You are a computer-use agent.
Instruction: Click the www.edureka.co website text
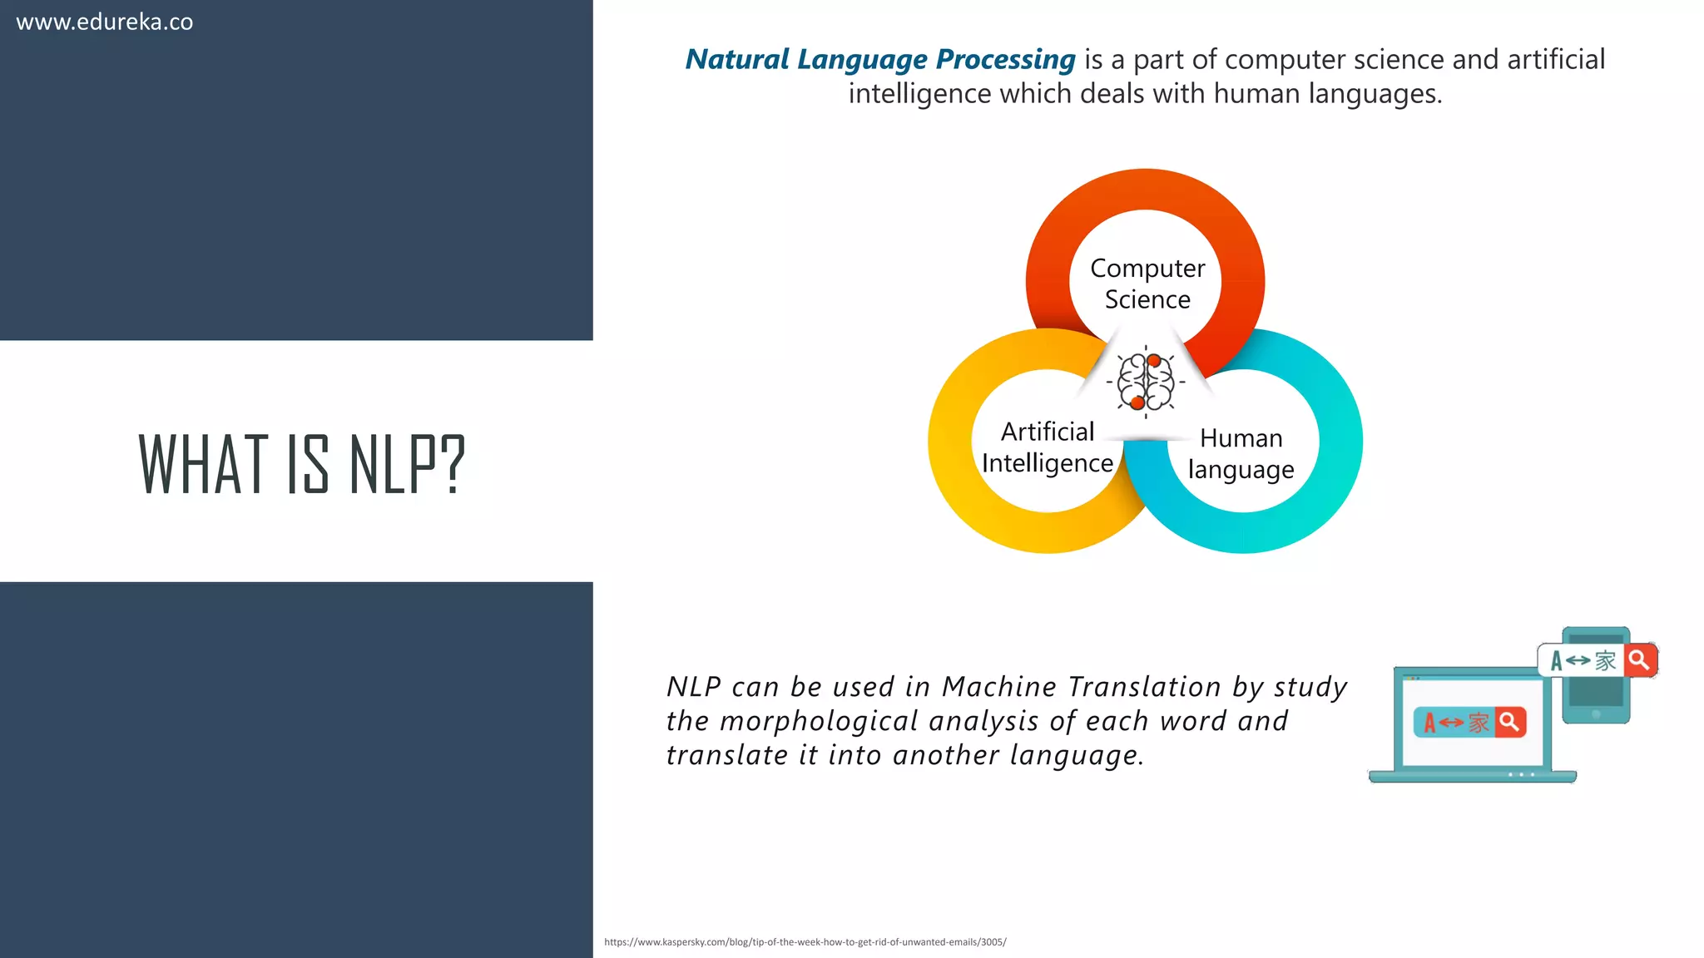[x=104, y=22]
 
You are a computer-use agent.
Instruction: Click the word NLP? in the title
[x=407, y=465]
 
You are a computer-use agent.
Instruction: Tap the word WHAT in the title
[x=203, y=465]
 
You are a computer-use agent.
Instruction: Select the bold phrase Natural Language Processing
[x=879, y=60]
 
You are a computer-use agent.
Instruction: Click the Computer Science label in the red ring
[x=1147, y=284]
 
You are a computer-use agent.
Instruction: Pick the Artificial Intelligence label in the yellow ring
[x=1047, y=447]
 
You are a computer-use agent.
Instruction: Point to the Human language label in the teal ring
[x=1241, y=454]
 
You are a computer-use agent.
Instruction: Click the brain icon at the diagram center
[x=1146, y=383]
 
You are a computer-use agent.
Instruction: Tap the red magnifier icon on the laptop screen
[x=1509, y=722]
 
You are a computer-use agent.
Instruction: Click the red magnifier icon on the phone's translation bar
[x=1639, y=660]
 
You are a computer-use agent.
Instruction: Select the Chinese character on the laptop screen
[x=1479, y=722]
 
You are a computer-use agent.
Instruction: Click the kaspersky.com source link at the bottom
[x=805, y=942]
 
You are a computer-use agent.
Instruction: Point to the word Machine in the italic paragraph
[x=998, y=687]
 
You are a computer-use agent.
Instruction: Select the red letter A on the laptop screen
[x=1429, y=723]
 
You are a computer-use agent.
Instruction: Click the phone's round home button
[x=1596, y=714]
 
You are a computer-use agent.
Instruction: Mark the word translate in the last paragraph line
[x=726, y=755]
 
